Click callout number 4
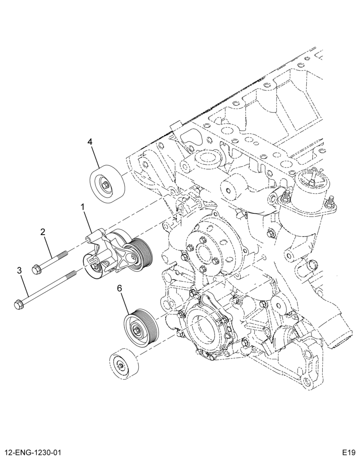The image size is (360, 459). click(90, 142)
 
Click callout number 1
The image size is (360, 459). click(83, 207)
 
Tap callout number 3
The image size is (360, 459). click(19, 270)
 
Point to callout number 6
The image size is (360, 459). click(119, 288)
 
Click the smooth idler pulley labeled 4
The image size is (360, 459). click(107, 184)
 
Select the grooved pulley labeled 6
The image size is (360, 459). click(141, 328)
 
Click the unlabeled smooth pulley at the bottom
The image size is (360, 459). click(123, 365)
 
